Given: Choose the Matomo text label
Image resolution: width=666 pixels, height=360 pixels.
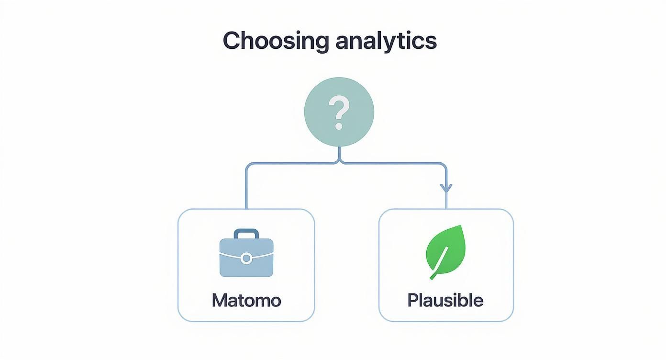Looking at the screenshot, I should [246, 300].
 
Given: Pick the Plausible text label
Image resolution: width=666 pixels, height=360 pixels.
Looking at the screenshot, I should [445, 300].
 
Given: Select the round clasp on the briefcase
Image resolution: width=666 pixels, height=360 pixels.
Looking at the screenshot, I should [246, 259].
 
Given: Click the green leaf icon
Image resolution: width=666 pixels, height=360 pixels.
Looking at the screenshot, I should [445, 250].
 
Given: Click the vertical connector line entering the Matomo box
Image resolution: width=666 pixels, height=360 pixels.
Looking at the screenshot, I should [246, 191].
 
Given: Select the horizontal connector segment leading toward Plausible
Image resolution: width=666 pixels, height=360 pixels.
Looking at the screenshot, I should [392, 163].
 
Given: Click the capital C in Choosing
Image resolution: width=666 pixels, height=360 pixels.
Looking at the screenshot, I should [232, 41].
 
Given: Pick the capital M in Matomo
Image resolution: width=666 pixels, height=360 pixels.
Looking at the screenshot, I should [219, 300].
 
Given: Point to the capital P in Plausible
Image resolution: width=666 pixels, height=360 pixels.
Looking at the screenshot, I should [412, 300].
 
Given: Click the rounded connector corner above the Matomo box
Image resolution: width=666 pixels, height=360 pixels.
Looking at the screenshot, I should [248, 166].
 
